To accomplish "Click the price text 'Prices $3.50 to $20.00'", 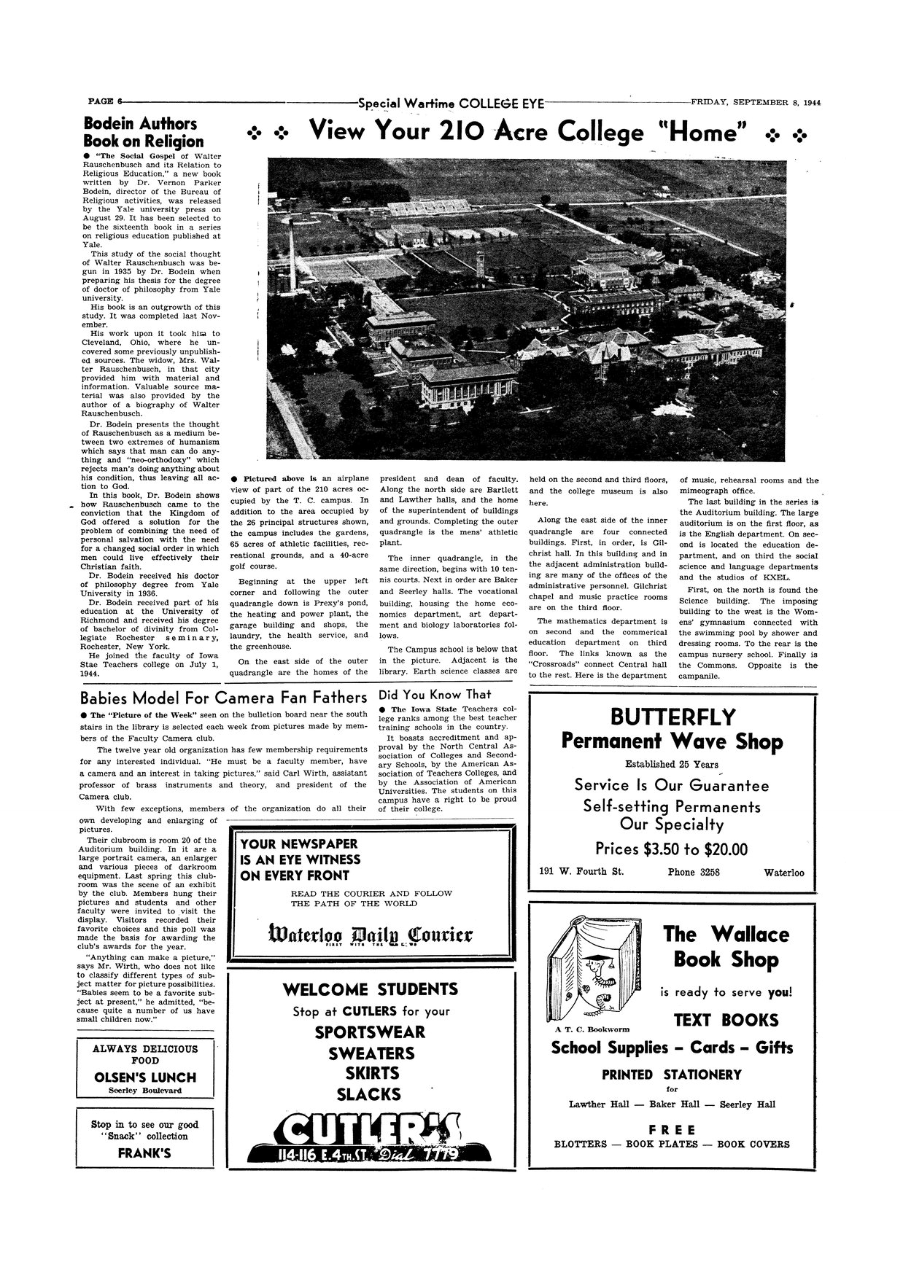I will [671, 849].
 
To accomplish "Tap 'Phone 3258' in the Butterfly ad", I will [693, 872].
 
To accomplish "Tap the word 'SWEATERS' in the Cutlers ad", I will [371, 1053].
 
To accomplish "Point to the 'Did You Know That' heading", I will [435, 694].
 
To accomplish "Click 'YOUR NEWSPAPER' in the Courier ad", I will [299, 844].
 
